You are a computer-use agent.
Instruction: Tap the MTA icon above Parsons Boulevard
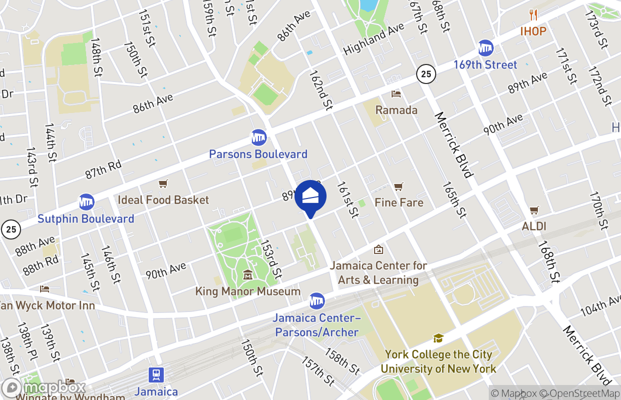tap(258, 137)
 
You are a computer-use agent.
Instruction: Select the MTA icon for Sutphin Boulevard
tap(87, 202)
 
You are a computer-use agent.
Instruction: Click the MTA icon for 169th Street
tap(485, 48)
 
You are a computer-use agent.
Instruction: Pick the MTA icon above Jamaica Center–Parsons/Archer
tap(317, 301)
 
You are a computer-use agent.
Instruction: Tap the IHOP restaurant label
tap(533, 31)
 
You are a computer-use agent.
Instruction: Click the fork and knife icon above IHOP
tap(533, 15)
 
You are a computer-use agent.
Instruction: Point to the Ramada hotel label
tap(396, 110)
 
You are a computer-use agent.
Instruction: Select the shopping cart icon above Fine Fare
tap(399, 186)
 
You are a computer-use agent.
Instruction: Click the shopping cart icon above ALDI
tap(534, 210)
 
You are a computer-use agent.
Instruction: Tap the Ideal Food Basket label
tap(163, 200)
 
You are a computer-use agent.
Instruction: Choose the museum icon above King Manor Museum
tap(248, 275)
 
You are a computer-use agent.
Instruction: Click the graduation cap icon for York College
tap(438, 338)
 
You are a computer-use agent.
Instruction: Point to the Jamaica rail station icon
tap(156, 374)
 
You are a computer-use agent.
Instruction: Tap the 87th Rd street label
tap(103, 169)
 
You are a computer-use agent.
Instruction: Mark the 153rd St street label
tap(271, 259)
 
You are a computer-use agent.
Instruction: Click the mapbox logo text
tap(54, 387)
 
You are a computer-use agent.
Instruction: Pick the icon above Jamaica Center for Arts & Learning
tap(379, 249)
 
